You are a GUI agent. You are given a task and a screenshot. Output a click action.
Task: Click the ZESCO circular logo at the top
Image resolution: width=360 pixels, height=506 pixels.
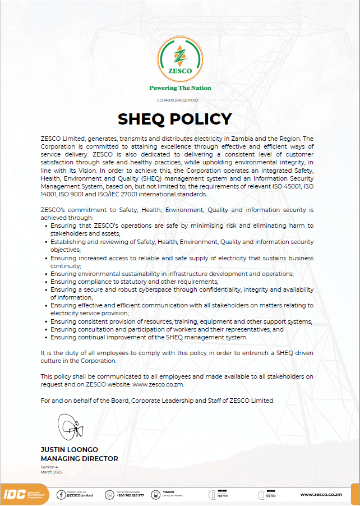click(x=180, y=58)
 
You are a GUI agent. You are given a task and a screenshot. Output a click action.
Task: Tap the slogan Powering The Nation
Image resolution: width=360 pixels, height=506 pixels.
click(x=180, y=88)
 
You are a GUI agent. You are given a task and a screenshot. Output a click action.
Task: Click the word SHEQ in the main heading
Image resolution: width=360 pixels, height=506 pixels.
click(x=146, y=119)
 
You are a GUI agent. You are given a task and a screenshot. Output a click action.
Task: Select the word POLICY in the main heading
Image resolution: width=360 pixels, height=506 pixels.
click(x=206, y=119)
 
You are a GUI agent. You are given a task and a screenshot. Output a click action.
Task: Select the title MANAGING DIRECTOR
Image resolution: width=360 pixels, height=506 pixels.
click(x=79, y=458)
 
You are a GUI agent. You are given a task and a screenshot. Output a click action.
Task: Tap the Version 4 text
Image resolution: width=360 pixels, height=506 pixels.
click(x=49, y=467)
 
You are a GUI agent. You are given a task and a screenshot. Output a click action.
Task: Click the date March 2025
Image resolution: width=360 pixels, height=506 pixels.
click(x=51, y=472)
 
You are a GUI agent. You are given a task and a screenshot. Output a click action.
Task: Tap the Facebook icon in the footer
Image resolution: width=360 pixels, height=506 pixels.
click(x=61, y=494)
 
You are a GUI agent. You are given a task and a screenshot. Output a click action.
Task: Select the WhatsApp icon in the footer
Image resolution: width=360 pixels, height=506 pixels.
click(x=110, y=494)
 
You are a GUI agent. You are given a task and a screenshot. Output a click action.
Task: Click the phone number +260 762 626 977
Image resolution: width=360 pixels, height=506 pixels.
click(x=130, y=496)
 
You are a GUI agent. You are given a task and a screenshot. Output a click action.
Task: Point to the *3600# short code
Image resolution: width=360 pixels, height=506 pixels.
click(x=168, y=492)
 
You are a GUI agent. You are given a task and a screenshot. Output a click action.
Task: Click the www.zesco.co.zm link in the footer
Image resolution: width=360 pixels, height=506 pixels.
click(x=321, y=494)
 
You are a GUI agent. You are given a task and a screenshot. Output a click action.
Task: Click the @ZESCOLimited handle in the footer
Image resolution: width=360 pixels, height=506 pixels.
click(x=80, y=496)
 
